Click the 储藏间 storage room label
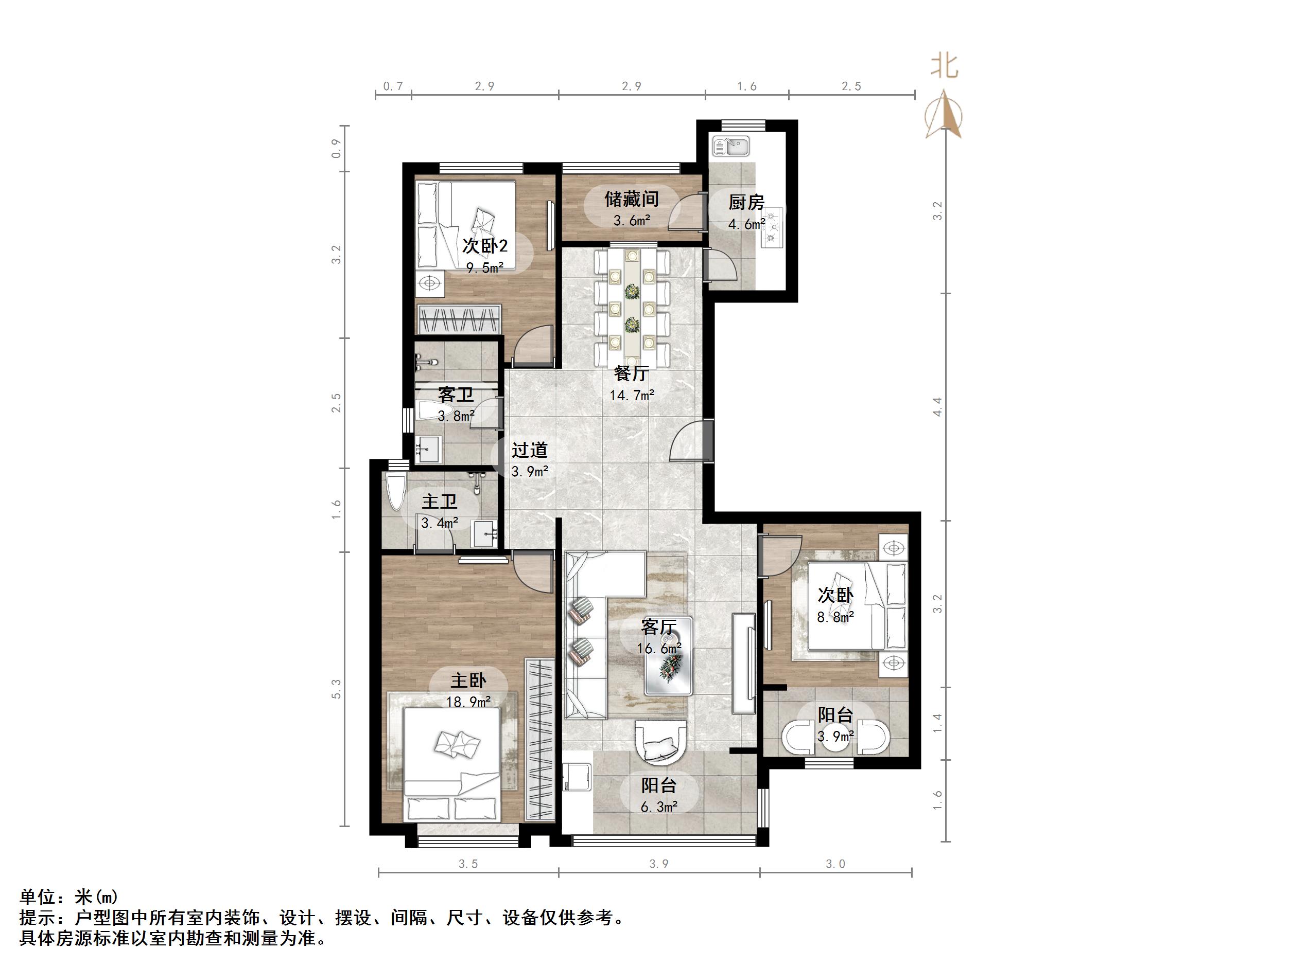(x=631, y=200)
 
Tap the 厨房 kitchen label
(x=746, y=202)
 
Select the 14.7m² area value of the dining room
(x=632, y=395)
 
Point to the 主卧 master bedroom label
(x=468, y=680)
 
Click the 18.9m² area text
(x=468, y=702)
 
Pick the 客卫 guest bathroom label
(x=456, y=395)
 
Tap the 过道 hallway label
(x=530, y=450)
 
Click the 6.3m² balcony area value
(x=658, y=807)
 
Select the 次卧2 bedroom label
(x=484, y=245)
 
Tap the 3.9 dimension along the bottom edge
(x=658, y=864)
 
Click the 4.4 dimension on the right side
(x=937, y=406)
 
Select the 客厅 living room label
(x=658, y=626)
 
